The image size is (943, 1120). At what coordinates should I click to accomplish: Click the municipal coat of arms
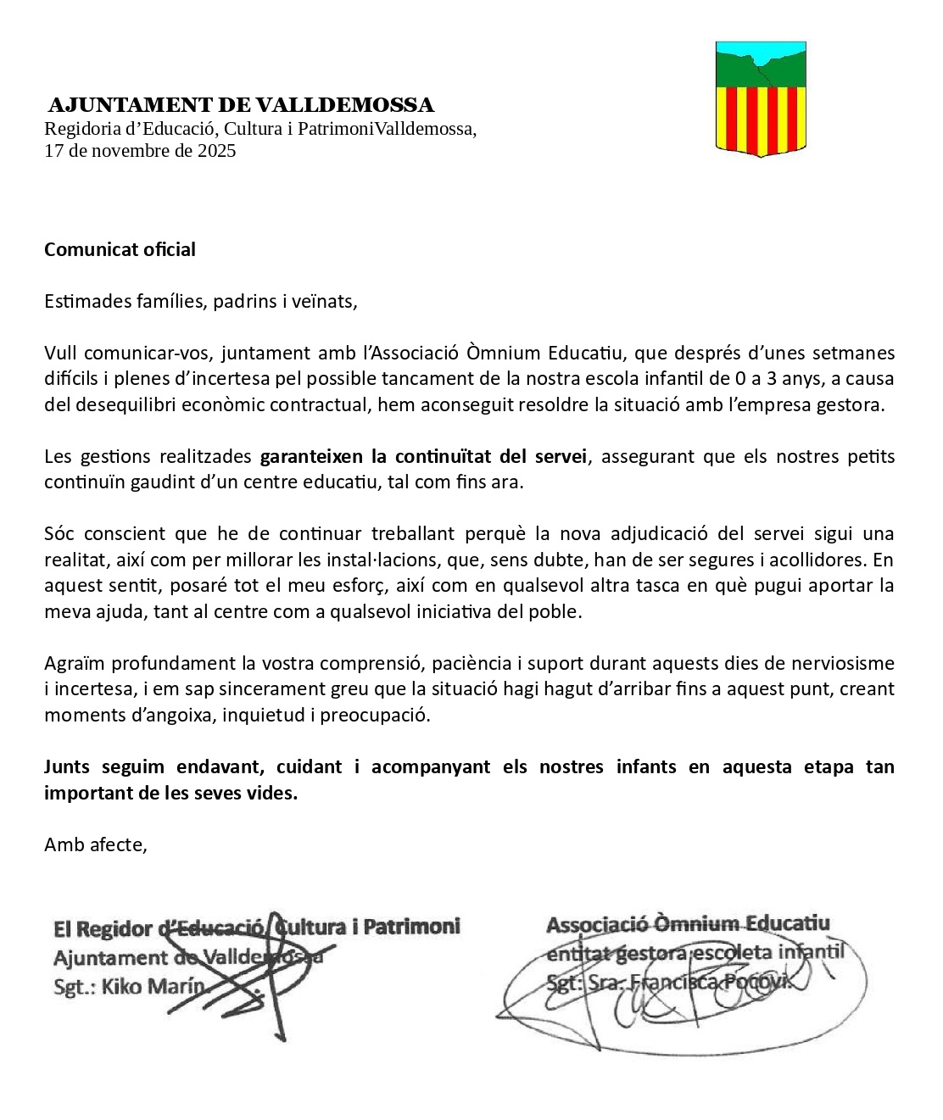pos(761,98)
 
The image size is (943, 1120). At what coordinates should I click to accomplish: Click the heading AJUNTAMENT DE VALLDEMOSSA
pos(241,105)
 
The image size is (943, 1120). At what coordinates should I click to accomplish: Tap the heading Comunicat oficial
pos(120,249)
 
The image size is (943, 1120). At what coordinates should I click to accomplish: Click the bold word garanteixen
pos(312,456)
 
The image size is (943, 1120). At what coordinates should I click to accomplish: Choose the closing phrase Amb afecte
pos(96,844)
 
